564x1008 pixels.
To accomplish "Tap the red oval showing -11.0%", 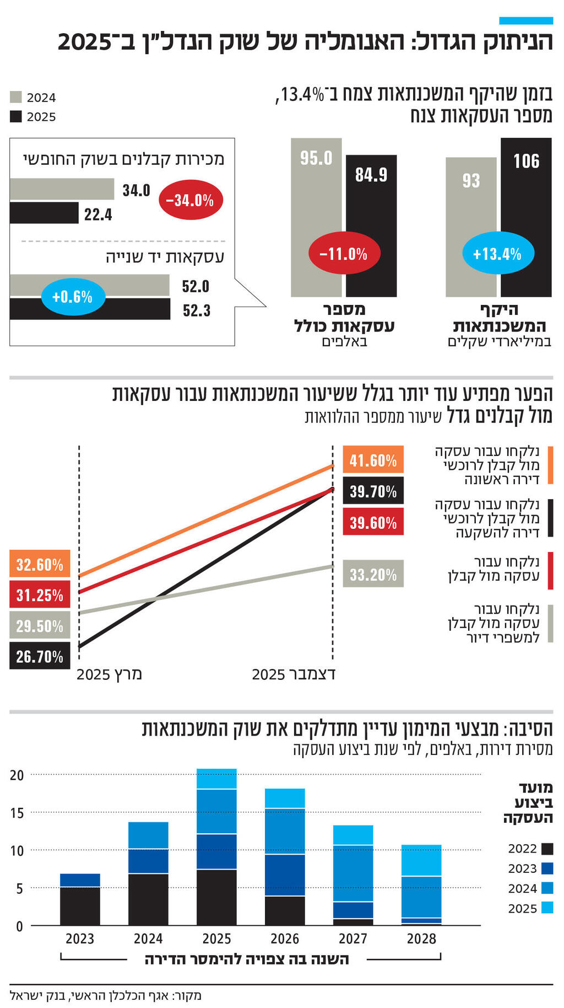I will point(344,254).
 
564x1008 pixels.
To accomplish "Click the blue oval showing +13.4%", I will point(497,254).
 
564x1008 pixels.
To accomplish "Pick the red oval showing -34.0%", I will point(190,200).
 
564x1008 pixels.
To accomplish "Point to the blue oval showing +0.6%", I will point(72,297).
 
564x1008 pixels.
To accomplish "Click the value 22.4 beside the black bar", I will point(98,215).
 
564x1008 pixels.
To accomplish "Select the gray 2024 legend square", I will point(15,97).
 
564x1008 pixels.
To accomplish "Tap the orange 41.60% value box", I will point(373,459).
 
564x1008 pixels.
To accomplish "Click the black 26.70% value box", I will point(40,656).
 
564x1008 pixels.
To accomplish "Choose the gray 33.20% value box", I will point(373,575).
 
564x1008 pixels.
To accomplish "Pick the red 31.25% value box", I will point(40,595).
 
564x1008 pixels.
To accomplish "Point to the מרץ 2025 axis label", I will point(109,674).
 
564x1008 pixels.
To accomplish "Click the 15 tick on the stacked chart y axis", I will point(17,813).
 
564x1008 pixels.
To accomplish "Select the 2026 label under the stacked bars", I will point(285,939).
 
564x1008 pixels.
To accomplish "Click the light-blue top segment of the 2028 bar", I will point(421,860).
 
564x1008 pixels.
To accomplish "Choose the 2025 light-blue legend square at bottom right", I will point(547,908).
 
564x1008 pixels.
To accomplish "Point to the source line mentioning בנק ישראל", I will point(105,995).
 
